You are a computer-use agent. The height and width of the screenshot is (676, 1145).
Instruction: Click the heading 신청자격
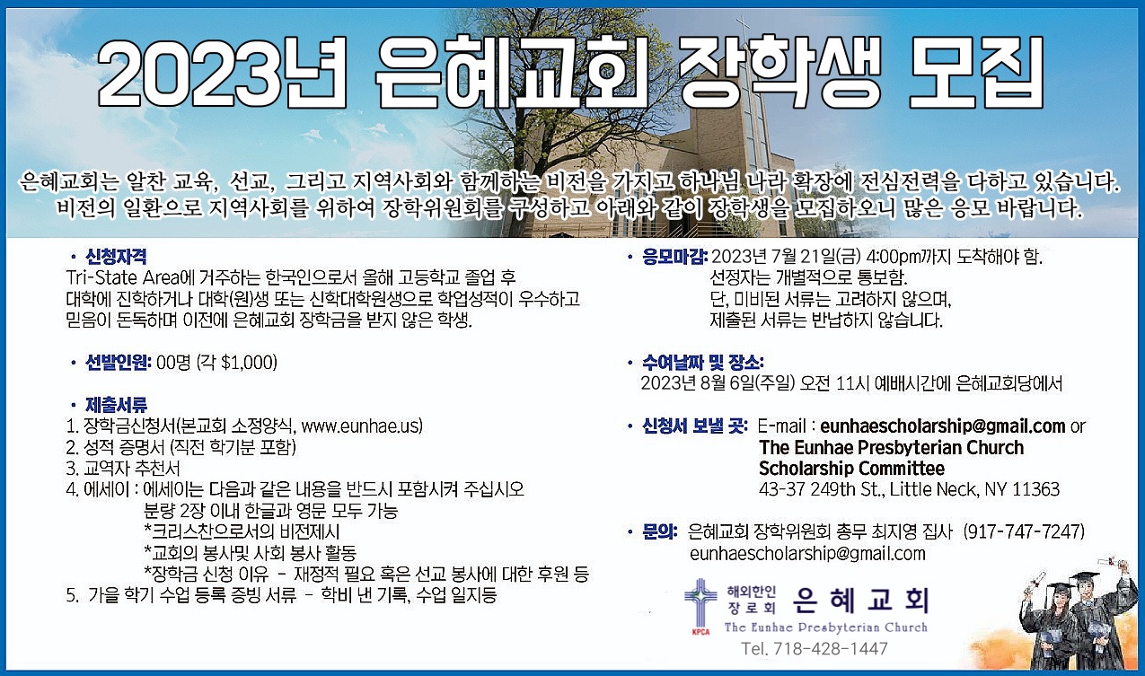pyautogui.click(x=116, y=256)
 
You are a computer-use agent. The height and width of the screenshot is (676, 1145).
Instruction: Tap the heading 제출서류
pyautogui.click(x=116, y=405)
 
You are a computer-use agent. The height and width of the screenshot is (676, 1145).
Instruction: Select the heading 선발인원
pyautogui.click(x=118, y=363)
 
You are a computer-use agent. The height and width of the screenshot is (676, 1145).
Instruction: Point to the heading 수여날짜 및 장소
pyautogui.click(x=702, y=363)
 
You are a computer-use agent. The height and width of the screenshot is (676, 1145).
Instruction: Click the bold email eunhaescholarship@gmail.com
pyautogui.click(x=943, y=426)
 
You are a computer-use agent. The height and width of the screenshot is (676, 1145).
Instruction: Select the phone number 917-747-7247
pyautogui.click(x=1024, y=531)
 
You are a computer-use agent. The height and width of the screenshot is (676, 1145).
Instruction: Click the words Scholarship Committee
pyautogui.click(x=851, y=468)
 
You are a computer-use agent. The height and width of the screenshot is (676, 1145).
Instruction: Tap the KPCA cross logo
pyautogui.click(x=700, y=607)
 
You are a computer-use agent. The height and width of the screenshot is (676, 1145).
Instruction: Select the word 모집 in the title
pyautogui.click(x=976, y=72)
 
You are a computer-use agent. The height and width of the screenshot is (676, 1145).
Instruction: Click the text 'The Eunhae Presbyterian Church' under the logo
pyautogui.click(x=825, y=627)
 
